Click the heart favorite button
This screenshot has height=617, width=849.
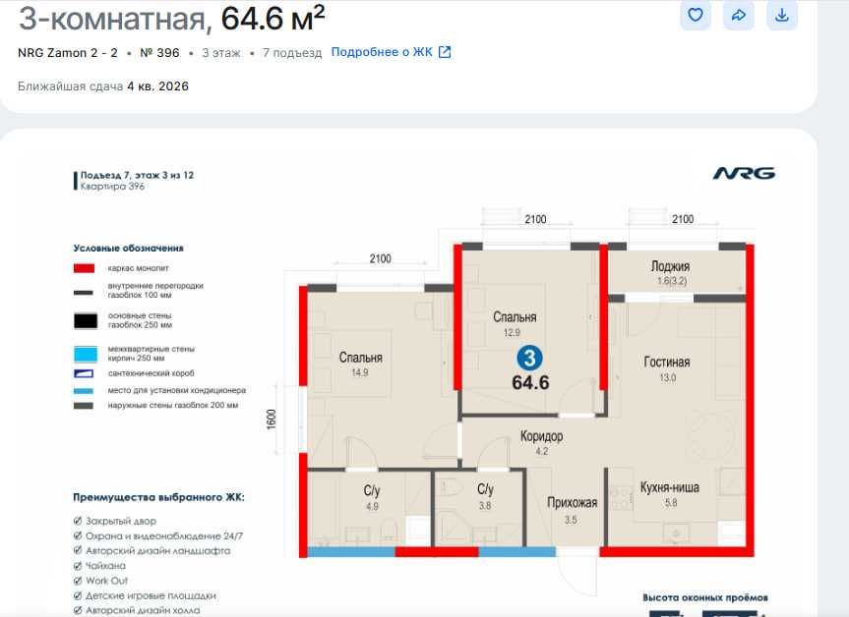696,15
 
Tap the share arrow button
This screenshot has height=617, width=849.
738,15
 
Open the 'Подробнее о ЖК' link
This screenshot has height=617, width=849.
391,52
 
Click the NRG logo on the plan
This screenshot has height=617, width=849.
744,173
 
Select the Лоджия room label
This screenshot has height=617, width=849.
670,266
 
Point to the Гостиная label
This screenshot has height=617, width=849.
667,362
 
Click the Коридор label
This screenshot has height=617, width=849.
541,436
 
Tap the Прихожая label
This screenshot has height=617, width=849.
573,502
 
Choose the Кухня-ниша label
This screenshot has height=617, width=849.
671,488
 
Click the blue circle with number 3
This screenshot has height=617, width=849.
529,359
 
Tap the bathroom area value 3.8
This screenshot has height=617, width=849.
485,506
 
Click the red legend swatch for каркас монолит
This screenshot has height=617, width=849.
85,268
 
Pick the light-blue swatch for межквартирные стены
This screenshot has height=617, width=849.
85,353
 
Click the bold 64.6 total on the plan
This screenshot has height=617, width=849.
530,382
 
